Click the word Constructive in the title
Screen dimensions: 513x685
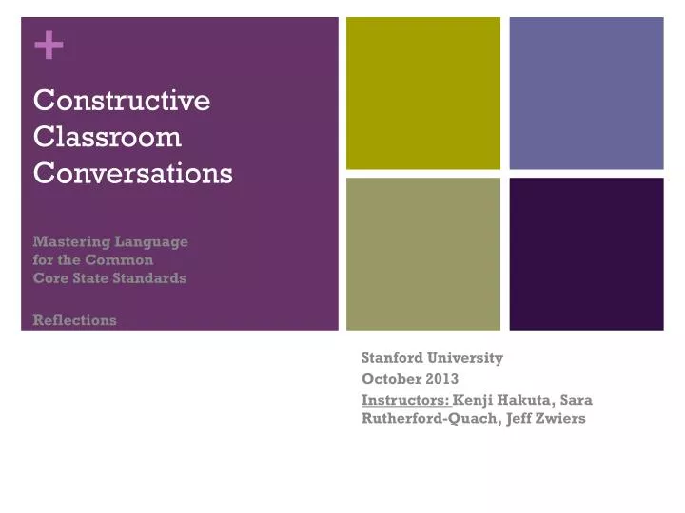[x=122, y=100]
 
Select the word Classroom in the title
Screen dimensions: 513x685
[x=108, y=137]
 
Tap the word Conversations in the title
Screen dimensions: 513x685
[x=133, y=174]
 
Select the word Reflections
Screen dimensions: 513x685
[x=75, y=320]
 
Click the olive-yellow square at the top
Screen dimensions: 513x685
[x=423, y=93]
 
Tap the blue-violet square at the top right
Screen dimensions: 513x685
[x=586, y=93]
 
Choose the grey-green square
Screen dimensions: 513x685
[x=423, y=254]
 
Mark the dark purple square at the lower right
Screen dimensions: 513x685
[x=586, y=254]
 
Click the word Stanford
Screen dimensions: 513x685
[x=394, y=358]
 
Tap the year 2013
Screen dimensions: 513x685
[x=443, y=378]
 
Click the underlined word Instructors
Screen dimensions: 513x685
[x=406, y=399]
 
